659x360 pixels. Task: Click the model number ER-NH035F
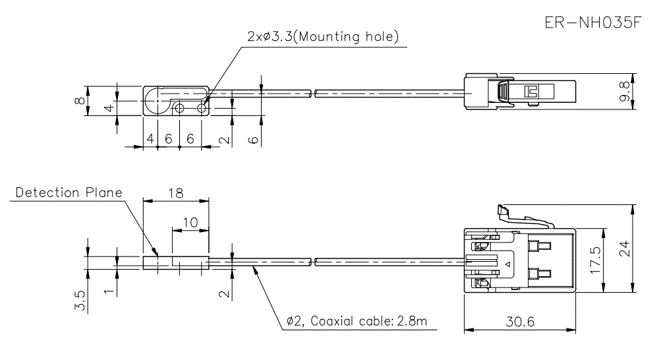(x=592, y=22)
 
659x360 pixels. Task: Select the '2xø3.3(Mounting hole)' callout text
(x=323, y=37)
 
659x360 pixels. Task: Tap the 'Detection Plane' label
(x=69, y=193)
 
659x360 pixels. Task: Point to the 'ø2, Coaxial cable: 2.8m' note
(x=357, y=321)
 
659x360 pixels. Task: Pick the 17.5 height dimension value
(x=596, y=261)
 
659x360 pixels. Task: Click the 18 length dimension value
(x=175, y=193)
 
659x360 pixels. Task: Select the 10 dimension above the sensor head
(x=190, y=223)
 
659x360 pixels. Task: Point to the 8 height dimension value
(x=79, y=102)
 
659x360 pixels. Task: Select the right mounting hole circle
(x=202, y=106)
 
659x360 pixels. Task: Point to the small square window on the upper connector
(x=530, y=92)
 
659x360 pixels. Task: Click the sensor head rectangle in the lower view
(x=175, y=262)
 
